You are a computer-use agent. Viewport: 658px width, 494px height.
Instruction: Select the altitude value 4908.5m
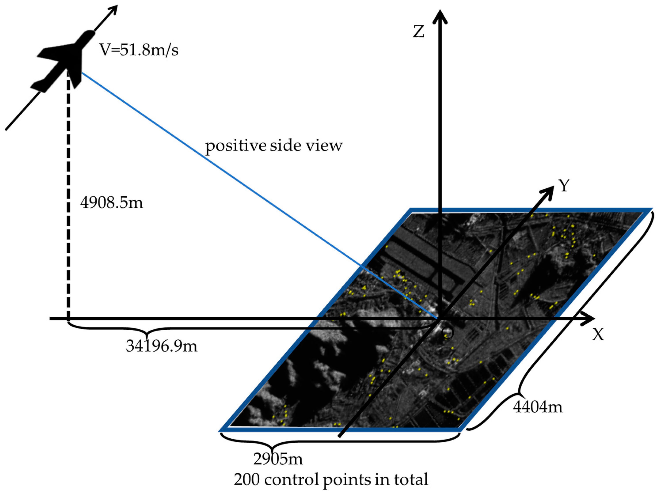[x=112, y=203]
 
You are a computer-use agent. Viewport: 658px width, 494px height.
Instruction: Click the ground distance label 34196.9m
[x=161, y=346]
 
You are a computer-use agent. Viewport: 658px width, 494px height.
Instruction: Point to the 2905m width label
[x=278, y=459]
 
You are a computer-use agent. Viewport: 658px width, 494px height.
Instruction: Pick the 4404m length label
[x=538, y=407]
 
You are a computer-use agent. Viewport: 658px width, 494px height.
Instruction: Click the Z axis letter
[x=419, y=32]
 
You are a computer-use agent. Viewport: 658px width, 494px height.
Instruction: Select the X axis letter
[x=598, y=335]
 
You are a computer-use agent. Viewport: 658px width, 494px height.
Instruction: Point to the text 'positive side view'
[x=274, y=146]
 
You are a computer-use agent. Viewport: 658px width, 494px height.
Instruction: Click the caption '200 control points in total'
[x=331, y=479]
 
